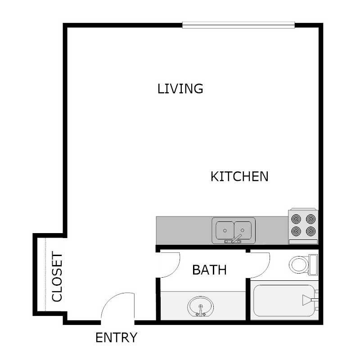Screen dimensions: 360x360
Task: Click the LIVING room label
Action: pyautogui.click(x=180, y=88)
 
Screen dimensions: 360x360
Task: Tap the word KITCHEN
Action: pyautogui.click(x=239, y=176)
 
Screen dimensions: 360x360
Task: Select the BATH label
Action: pyautogui.click(x=209, y=270)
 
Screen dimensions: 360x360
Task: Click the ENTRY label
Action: pyautogui.click(x=117, y=337)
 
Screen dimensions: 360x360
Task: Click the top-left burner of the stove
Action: pyautogui.click(x=296, y=219)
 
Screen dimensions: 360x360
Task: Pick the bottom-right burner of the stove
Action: pyautogui.click(x=310, y=231)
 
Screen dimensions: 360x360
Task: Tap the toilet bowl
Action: pyautogui.click(x=298, y=264)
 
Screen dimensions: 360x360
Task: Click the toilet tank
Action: pyautogui.click(x=313, y=264)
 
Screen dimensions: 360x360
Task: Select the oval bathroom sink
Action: pyautogui.click(x=201, y=307)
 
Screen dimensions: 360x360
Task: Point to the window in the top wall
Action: pyautogui.click(x=238, y=25)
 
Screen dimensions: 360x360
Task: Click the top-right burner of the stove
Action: pyautogui.click(x=310, y=219)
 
